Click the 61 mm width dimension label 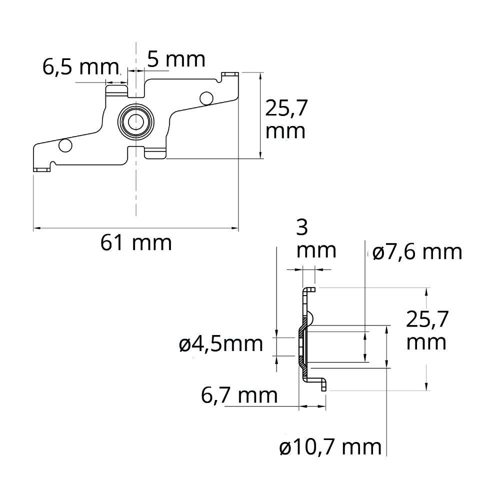click(136, 243)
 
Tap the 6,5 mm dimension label click(80, 67)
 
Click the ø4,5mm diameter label click(221, 344)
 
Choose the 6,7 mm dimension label click(239, 395)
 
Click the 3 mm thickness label click(316, 239)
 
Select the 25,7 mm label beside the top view click(286, 119)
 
